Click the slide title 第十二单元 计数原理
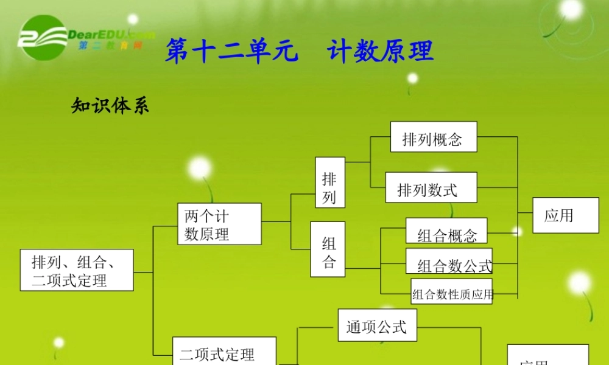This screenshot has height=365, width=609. pos(299,50)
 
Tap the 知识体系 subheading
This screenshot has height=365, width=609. pos(110,106)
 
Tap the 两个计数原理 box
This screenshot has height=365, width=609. pos(219,224)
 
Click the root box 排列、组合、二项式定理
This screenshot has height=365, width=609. pos(77,269)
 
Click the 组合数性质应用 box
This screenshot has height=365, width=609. pos(452,293)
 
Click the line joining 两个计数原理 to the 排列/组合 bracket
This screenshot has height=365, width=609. pos(276,222)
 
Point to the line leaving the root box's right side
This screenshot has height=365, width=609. pos(143,272)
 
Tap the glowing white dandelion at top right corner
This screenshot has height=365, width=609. pos(572,9)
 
